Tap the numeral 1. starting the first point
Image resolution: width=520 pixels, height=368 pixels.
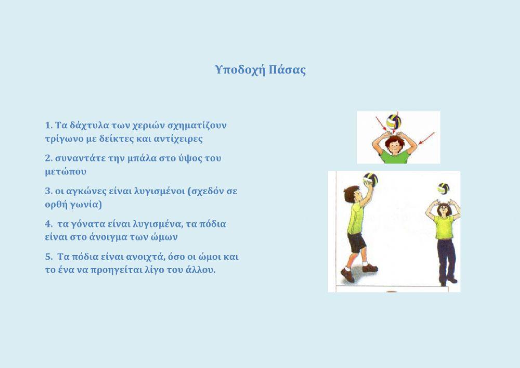coord(49,125)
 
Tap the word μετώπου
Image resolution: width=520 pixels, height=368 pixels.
coord(66,171)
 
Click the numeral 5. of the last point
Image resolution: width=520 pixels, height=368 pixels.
coord(49,257)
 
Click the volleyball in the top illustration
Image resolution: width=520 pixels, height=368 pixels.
coord(394,122)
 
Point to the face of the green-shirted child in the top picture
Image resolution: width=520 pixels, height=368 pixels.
coord(395,145)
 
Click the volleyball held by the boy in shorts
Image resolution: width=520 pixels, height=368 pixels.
coord(370,180)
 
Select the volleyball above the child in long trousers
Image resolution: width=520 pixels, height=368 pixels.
coord(443,188)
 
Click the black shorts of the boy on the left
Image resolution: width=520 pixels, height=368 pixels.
coord(357,243)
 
